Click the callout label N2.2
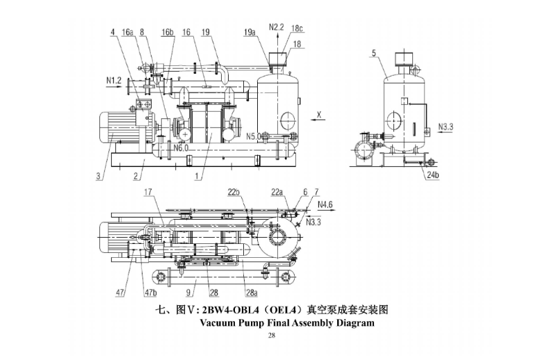[277, 26]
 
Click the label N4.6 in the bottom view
[325, 205]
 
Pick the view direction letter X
[319, 112]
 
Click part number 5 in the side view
[373, 53]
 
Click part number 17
[147, 193]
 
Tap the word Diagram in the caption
[350, 323]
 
